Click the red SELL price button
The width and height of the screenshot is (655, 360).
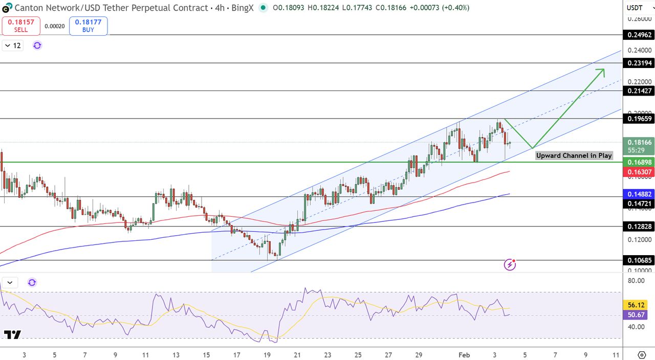click(21, 26)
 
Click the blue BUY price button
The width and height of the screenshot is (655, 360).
click(88, 26)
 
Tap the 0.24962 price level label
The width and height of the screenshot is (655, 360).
click(638, 35)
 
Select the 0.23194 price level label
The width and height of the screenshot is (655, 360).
click(638, 63)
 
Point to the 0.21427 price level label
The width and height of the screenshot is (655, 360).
click(638, 91)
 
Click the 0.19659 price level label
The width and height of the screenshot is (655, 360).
click(638, 119)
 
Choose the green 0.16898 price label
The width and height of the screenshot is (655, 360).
click(638, 162)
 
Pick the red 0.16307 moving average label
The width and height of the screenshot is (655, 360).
click(638, 172)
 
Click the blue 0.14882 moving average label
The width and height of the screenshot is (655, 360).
click(638, 194)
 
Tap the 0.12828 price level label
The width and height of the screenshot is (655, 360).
click(638, 227)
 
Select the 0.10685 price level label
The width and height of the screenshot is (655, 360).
click(638, 260)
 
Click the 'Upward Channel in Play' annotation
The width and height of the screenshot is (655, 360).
click(574, 155)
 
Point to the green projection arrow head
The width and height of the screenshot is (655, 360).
click(602, 71)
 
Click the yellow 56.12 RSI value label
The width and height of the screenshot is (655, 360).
click(638, 305)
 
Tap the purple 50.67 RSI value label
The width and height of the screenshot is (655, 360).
click(638, 315)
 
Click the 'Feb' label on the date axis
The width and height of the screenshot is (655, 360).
click(464, 355)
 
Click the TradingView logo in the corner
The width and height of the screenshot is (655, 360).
click(12, 335)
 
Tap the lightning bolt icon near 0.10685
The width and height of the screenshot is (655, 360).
click(510, 264)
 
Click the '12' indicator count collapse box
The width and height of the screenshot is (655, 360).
click(13, 46)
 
